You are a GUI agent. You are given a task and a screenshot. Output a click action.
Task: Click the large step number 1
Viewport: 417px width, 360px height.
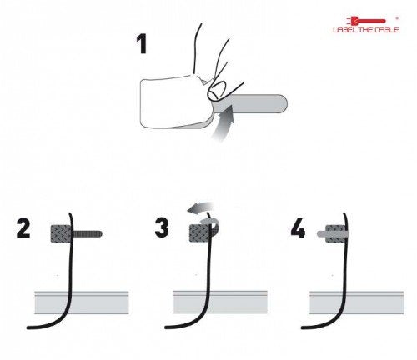point(143,42)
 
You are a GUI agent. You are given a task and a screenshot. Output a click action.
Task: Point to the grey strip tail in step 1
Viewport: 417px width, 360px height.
point(259,105)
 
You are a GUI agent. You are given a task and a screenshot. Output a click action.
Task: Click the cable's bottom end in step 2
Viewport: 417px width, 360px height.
point(31,325)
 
